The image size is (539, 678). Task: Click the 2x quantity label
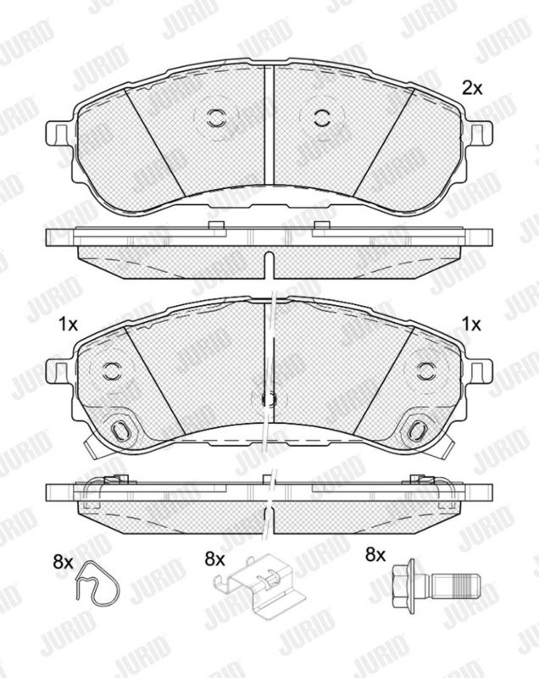click(472, 88)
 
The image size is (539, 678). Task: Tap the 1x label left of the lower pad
click(69, 324)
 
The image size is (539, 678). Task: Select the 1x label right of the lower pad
click(471, 324)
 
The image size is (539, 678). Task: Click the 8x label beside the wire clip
click(63, 562)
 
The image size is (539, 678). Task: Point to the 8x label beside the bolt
click(375, 554)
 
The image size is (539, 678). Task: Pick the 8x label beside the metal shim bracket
click(215, 560)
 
